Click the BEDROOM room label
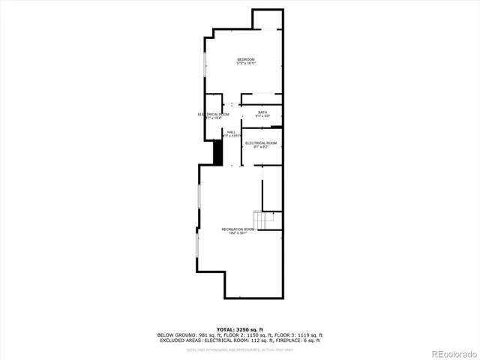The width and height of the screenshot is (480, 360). tap(246, 59)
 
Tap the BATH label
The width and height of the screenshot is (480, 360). tap(262, 112)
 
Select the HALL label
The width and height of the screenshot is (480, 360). tap(232, 131)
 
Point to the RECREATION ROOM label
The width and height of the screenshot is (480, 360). tap(238, 229)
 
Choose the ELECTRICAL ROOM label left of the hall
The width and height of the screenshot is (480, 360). tap(214, 114)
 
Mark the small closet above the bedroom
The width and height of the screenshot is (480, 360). tap(268, 19)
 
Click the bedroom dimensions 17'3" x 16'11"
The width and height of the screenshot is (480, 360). tap(246, 64)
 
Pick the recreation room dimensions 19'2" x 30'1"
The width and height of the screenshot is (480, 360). tap(238, 233)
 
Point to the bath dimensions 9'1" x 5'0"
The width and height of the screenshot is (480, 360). tap(262, 116)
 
